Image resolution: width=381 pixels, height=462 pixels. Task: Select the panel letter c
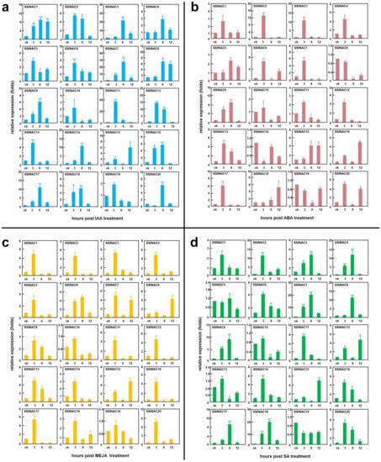point(6,239)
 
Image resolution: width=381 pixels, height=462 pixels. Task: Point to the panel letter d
point(197,239)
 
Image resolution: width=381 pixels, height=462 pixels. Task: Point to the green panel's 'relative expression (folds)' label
point(199,344)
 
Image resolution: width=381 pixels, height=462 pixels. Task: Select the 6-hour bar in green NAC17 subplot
point(230,431)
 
